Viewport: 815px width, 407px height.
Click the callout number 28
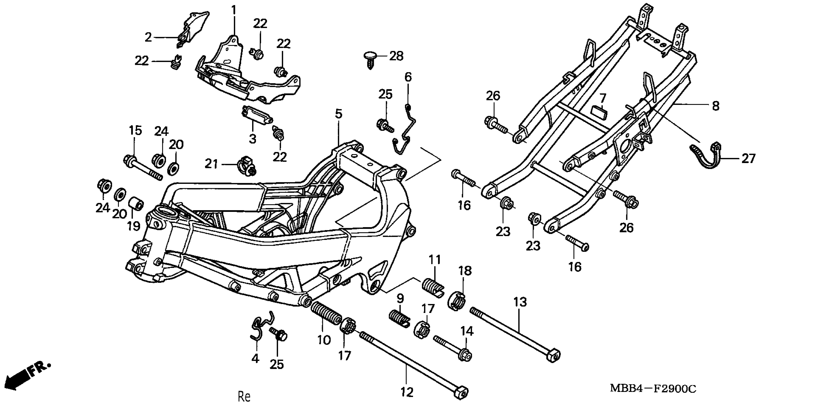396,56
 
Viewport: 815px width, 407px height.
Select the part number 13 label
520,302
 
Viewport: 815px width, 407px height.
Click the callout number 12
407,392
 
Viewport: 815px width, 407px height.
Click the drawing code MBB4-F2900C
653,388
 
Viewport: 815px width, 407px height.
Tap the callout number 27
748,158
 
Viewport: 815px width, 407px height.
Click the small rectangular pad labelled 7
599,112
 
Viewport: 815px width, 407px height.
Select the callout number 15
135,130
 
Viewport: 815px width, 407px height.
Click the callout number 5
339,114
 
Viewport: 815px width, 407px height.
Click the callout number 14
467,331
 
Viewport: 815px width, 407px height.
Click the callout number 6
408,77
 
